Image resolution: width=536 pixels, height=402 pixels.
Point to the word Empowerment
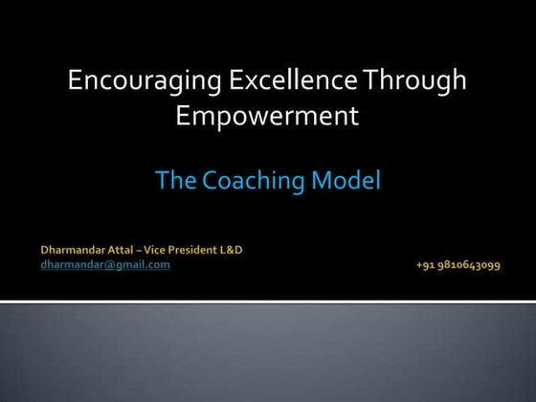pyautogui.click(x=267, y=117)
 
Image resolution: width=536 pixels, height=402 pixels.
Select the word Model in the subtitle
pyautogui.click(x=349, y=180)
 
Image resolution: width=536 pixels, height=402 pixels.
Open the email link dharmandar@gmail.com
pyautogui.click(x=105, y=264)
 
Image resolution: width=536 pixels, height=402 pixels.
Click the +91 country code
pyautogui.click(x=427, y=265)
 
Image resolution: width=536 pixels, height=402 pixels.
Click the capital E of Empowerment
pyautogui.click(x=182, y=117)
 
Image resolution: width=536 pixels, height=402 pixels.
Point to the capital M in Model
pyautogui.click(x=327, y=180)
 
